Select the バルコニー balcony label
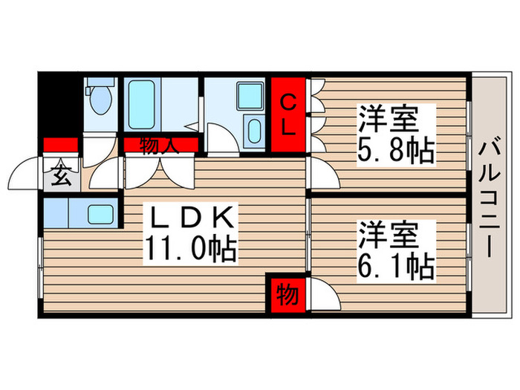coord(490,197)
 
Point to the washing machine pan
coord(247,96)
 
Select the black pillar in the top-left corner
coord(59,104)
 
